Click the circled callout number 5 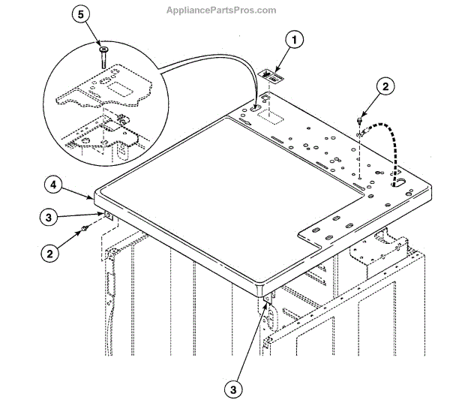[79, 16]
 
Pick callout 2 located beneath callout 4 [51, 253]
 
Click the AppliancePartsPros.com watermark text [224, 11]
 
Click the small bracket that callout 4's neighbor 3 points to [109, 216]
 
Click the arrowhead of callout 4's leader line [94, 197]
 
